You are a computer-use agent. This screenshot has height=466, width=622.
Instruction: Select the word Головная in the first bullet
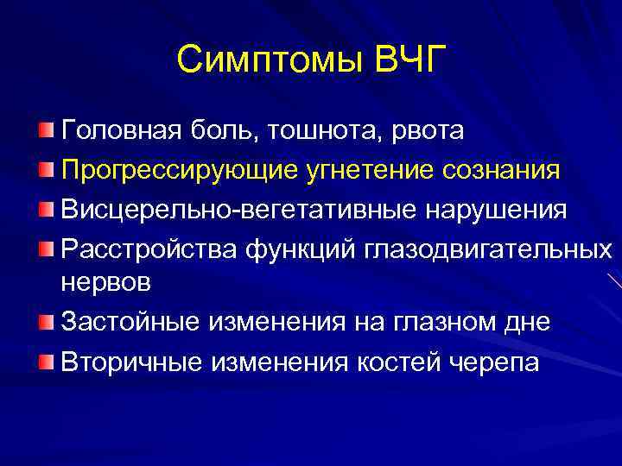[x=117, y=130]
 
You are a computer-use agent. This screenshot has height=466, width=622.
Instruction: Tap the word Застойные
[x=130, y=323]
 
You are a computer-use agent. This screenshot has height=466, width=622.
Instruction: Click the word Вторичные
[x=130, y=362]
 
